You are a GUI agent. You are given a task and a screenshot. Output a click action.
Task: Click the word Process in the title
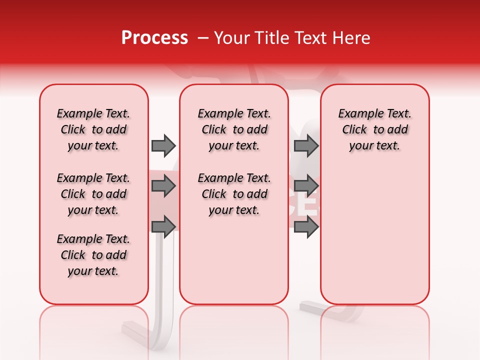coord(154,38)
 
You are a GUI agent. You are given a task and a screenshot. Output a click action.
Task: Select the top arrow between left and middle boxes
coord(163,145)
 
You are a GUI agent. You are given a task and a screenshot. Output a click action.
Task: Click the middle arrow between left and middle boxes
coord(163,186)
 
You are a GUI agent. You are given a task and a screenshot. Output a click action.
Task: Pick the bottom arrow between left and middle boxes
coord(163,226)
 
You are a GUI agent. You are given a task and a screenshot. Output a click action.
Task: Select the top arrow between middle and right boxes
coord(306,145)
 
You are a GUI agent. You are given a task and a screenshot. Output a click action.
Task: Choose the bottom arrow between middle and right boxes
coord(306,226)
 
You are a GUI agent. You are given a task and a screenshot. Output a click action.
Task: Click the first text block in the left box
coord(93,129)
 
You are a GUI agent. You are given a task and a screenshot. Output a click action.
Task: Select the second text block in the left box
coord(93,194)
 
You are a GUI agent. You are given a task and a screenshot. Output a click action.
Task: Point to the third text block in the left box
coord(93,255)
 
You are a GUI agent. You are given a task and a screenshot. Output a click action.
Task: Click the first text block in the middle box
coord(234,129)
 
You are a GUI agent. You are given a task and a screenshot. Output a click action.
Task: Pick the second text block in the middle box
coord(234,194)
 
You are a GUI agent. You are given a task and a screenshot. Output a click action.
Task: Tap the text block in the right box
coord(374,129)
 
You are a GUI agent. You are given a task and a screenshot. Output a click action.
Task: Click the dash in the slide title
coord(203,38)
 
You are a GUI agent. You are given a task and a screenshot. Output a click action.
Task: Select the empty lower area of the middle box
coord(234,260)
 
